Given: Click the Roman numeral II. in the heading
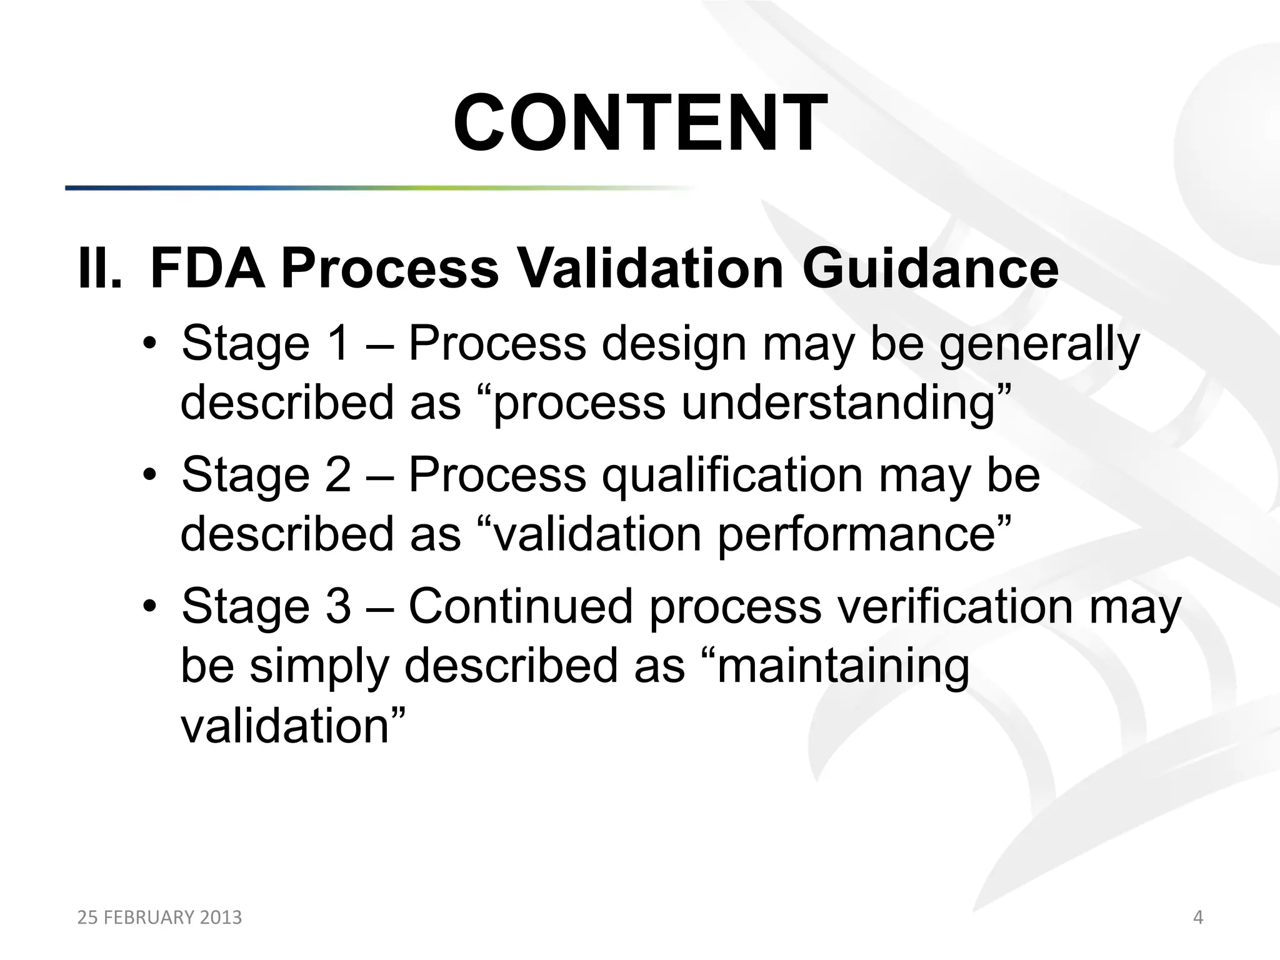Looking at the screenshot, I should pos(99,269).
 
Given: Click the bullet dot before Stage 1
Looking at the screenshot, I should pos(148,345).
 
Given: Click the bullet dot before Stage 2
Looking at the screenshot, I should pos(148,476).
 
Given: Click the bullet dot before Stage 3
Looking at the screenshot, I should pos(148,607).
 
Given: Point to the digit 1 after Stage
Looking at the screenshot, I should pos(337,344).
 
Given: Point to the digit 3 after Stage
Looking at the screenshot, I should pos(338,606).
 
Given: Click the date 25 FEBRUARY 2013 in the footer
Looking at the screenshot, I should pos(159,917).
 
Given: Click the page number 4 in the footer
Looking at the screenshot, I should pos(1197,917).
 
